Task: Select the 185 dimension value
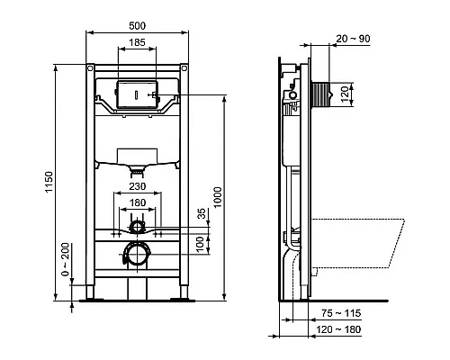(x=138, y=42)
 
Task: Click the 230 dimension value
(x=138, y=186)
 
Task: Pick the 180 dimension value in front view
(x=138, y=202)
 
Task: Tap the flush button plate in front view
(x=138, y=94)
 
